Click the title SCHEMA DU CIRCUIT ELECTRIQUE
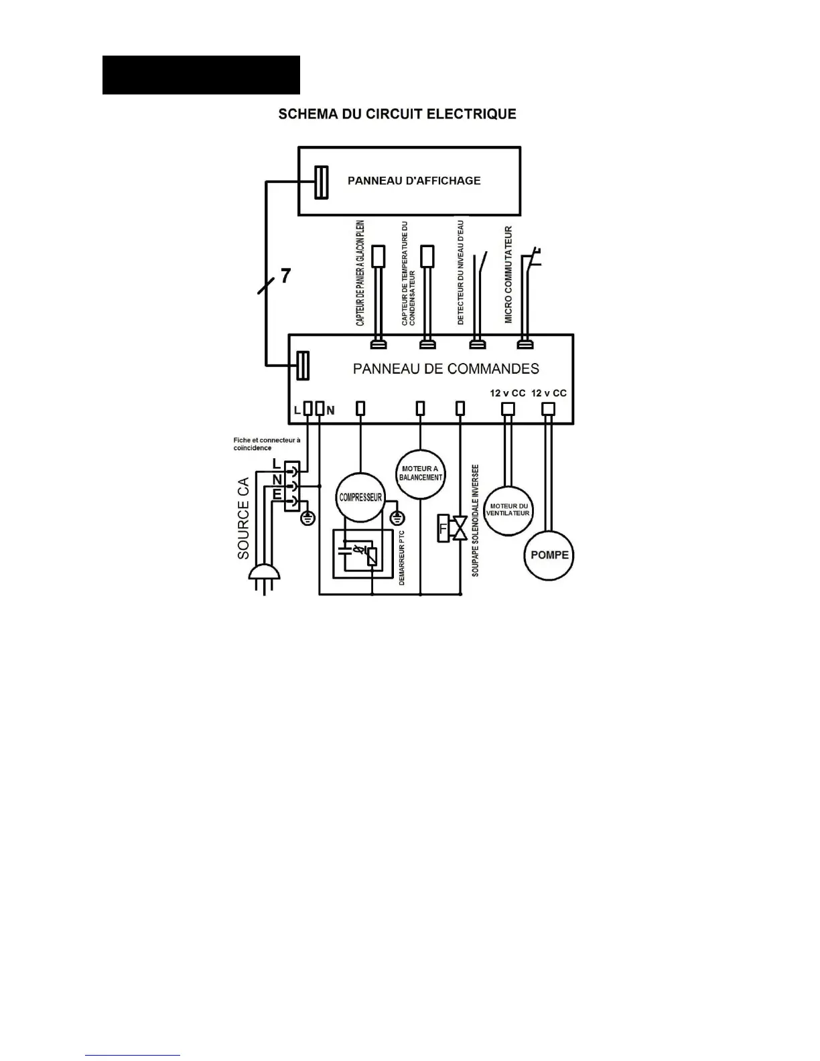pyautogui.click(x=397, y=114)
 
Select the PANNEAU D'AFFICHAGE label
pyautogui.click(x=413, y=181)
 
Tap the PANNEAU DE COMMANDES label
pyautogui.click(x=446, y=368)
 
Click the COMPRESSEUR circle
pyautogui.click(x=360, y=498)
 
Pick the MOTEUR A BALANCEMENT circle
pyautogui.click(x=421, y=474)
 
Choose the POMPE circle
pyautogui.click(x=549, y=555)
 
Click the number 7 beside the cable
pyautogui.click(x=285, y=275)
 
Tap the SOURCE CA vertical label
pyautogui.click(x=243, y=518)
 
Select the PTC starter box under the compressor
pyautogui.click(x=362, y=553)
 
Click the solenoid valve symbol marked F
pyautogui.click(x=453, y=528)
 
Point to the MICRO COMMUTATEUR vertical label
pyautogui.click(x=508, y=275)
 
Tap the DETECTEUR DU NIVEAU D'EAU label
pyautogui.click(x=460, y=273)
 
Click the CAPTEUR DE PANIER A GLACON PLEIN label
pyautogui.click(x=360, y=273)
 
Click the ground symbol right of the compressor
pyautogui.click(x=397, y=518)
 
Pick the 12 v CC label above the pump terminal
pyautogui.click(x=549, y=393)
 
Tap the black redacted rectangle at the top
pyautogui.click(x=201, y=75)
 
